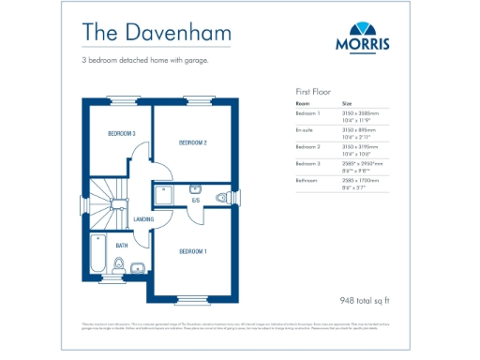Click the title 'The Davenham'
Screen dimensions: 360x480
(142, 31)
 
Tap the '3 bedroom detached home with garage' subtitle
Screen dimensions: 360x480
(144, 61)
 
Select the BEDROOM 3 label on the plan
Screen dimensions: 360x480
(121, 134)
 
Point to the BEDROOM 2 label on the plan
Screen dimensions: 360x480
(192, 142)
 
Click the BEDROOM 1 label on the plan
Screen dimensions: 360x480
(192, 251)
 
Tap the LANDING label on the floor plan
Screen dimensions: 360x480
(143, 219)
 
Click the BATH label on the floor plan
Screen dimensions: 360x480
(122, 246)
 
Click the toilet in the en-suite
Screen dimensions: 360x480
(222, 197)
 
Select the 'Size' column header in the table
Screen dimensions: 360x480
(347, 103)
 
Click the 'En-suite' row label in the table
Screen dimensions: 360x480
(306, 130)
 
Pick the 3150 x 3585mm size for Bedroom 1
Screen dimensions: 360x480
(361, 113)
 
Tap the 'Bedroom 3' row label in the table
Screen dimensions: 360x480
(308, 163)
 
